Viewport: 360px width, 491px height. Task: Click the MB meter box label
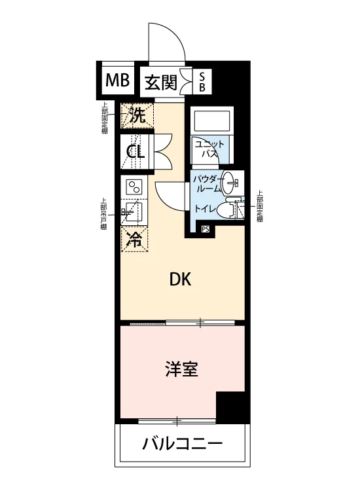[x=117, y=80]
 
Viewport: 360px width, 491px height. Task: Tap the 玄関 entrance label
[x=161, y=82]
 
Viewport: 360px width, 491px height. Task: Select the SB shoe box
[x=202, y=81]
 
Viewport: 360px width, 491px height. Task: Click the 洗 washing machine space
[x=137, y=115]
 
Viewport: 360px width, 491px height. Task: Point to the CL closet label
[x=135, y=152]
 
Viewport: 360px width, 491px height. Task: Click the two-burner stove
[x=134, y=187]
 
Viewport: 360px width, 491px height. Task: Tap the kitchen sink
[x=134, y=211]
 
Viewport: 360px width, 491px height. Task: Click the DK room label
[x=180, y=279]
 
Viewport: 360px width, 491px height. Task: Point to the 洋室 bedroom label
[x=182, y=369]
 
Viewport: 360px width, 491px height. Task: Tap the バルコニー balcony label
[x=183, y=444]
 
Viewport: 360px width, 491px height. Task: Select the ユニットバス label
[x=209, y=149]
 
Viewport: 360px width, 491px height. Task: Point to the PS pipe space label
[x=206, y=229]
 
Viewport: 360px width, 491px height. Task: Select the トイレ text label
[x=206, y=208]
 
